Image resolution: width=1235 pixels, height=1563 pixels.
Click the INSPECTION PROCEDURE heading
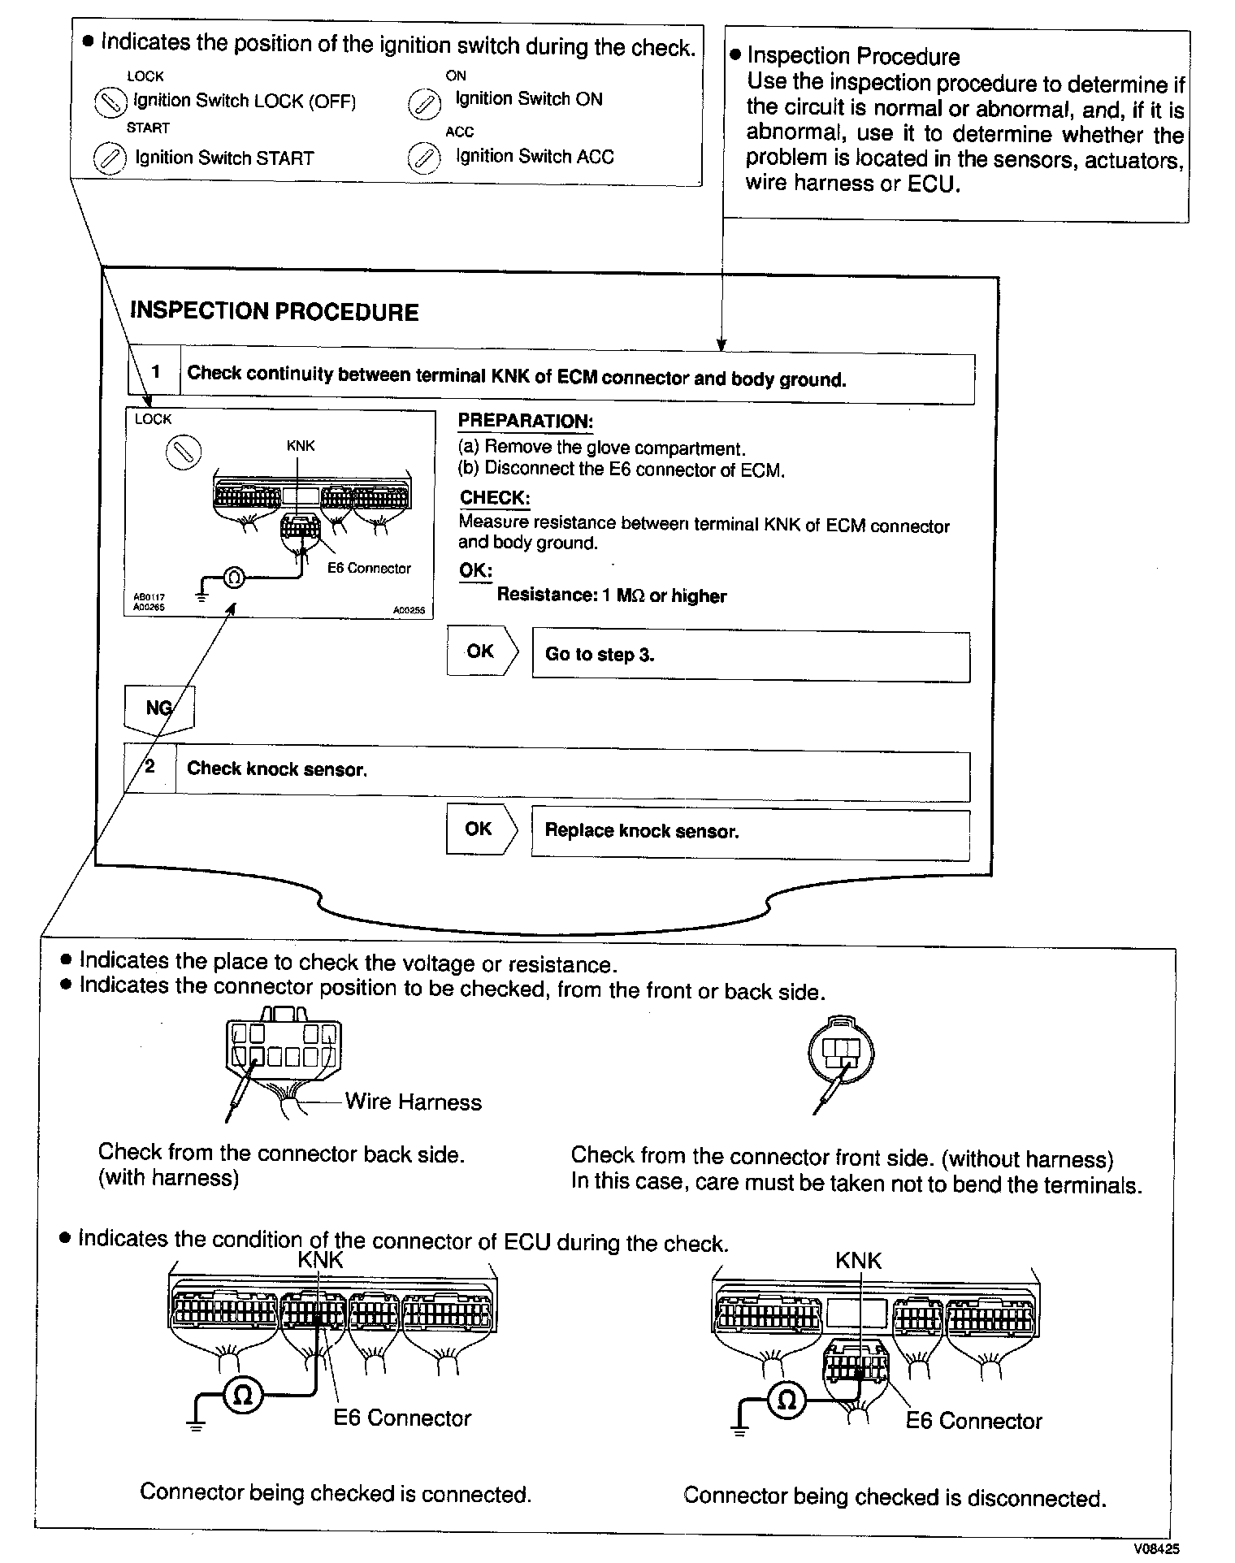(x=274, y=312)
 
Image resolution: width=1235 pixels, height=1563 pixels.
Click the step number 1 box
(x=154, y=373)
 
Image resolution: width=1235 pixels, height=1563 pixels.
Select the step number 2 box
(x=150, y=768)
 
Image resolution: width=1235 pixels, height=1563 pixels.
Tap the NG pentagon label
(x=158, y=708)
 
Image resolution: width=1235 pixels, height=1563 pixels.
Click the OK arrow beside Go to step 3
(x=481, y=652)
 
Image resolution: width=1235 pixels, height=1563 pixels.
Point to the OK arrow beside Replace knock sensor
(x=479, y=829)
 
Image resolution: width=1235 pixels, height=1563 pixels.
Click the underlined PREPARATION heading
(x=525, y=422)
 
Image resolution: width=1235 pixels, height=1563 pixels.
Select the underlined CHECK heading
(x=495, y=498)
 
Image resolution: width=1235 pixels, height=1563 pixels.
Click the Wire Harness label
(x=413, y=1102)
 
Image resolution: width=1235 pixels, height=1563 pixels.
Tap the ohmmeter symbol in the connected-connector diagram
(x=242, y=1394)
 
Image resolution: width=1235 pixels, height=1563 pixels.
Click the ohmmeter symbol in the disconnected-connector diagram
(x=786, y=1399)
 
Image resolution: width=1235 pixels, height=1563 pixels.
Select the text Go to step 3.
(x=600, y=656)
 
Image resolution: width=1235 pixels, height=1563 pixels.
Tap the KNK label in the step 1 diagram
(x=300, y=446)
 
